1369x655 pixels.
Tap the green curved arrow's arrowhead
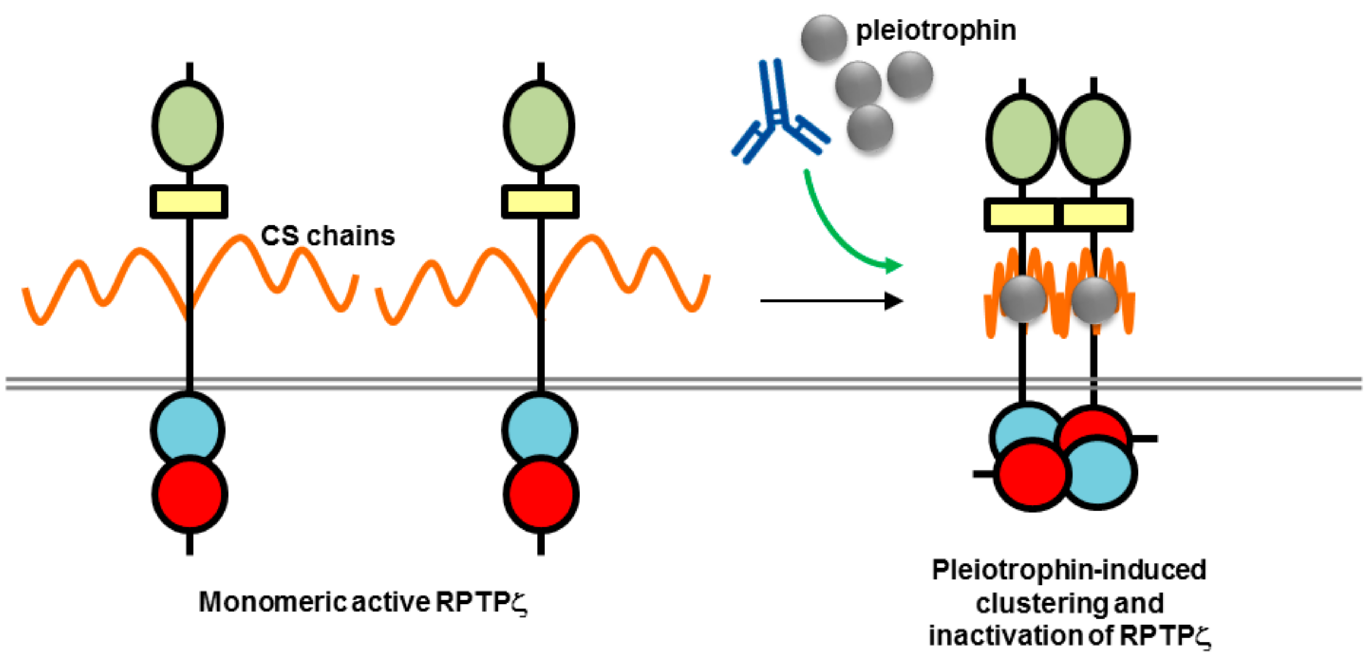point(893,265)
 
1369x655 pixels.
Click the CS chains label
point(328,236)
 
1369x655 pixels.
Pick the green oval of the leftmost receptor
point(188,126)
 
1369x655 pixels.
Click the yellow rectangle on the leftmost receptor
point(189,201)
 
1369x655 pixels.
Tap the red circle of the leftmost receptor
point(190,494)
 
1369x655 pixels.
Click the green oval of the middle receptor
point(539,126)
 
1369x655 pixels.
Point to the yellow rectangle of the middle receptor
point(540,201)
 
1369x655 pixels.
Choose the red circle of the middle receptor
point(541,494)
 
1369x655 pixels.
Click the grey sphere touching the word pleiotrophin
point(824,38)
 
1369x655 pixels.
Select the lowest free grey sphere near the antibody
point(869,128)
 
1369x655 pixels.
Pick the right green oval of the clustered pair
point(1095,139)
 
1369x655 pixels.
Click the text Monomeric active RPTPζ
point(363,602)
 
